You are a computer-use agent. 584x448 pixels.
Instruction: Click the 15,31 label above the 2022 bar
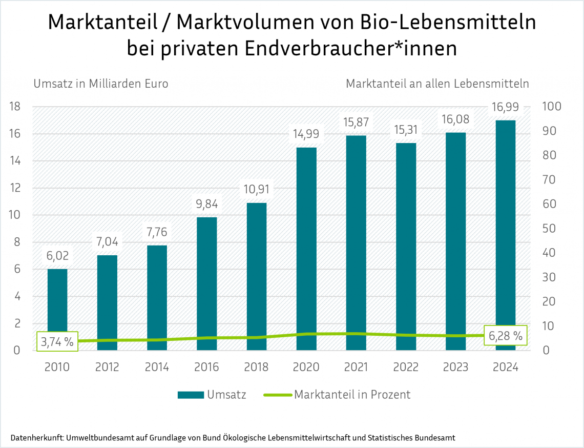coord(406,130)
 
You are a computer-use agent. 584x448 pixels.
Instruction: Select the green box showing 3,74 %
coord(57,342)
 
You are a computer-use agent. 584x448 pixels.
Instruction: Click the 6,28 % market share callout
coord(505,336)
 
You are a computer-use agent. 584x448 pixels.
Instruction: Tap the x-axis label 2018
coord(257,368)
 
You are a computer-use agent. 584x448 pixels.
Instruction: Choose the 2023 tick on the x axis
coord(455,368)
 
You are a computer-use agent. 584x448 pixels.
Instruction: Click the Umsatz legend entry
coord(212,395)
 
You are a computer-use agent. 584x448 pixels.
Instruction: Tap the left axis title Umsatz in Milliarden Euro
coord(101,84)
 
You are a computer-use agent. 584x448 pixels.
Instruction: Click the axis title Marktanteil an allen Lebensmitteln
coord(437,84)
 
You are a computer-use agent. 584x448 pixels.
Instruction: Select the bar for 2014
coord(157,297)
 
